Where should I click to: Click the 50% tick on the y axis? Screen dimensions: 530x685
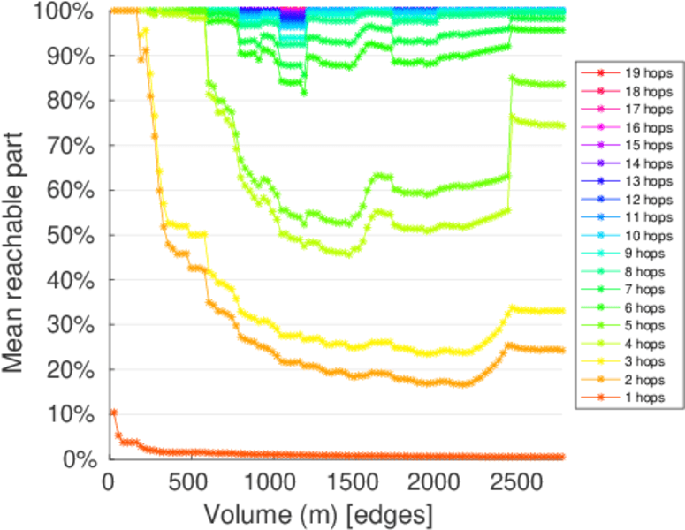[x=75, y=235]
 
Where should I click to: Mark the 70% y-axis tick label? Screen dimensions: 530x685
[x=75, y=145]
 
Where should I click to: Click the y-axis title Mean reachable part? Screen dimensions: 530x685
[x=19, y=234]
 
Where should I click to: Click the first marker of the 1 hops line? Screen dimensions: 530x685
[x=114, y=413]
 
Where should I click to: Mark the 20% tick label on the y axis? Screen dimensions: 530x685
[x=75, y=369]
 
